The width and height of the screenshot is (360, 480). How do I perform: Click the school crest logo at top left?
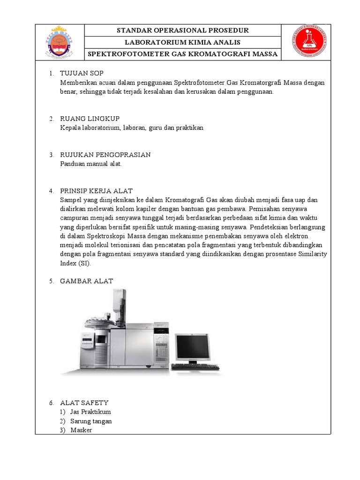(x=59, y=42)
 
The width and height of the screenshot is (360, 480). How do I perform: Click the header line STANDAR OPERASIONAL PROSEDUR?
(x=182, y=30)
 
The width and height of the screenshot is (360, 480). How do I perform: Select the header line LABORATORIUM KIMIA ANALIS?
(x=182, y=42)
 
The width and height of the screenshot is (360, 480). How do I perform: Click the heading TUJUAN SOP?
(x=82, y=74)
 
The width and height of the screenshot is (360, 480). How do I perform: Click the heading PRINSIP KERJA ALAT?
(x=96, y=191)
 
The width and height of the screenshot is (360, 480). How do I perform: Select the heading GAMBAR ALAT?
(x=86, y=281)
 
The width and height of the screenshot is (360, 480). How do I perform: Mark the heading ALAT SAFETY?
(x=84, y=403)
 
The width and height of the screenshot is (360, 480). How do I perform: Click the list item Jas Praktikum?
(x=90, y=412)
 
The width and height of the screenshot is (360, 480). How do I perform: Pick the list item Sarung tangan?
(x=91, y=421)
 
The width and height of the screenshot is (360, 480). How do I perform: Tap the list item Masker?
(x=81, y=430)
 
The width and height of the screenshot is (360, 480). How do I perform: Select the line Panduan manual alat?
(x=91, y=164)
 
